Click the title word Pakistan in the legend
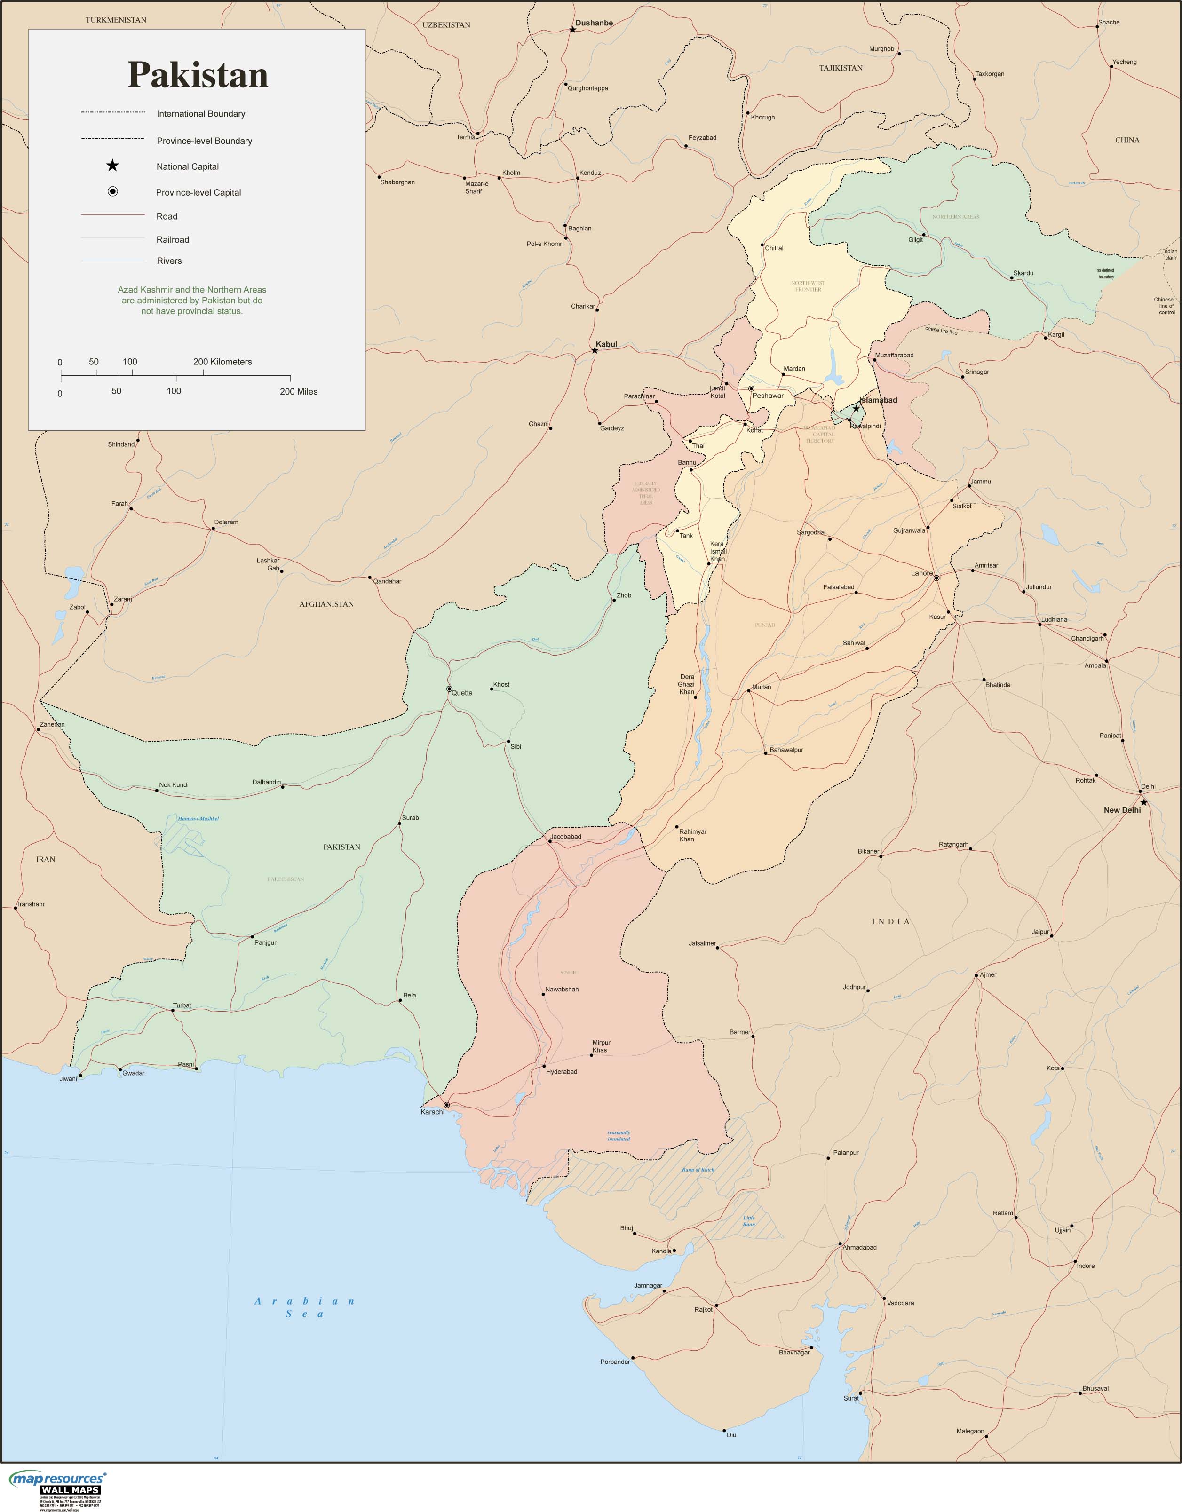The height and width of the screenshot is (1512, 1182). click(x=198, y=75)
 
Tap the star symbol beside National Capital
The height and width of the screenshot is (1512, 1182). click(x=112, y=166)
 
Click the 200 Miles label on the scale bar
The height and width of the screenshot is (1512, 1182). click(x=299, y=391)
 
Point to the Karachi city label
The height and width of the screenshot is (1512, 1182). click(x=432, y=1112)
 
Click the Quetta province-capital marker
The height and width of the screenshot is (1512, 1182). click(x=449, y=689)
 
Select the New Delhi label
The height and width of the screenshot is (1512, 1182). click(x=1122, y=810)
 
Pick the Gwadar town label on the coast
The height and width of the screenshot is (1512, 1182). click(x=134, y=1073)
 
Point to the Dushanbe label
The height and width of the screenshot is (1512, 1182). click(x=594, y=23)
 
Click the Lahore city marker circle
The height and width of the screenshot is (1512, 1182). click(x=936, y=578)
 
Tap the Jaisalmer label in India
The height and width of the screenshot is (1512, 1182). click(x=702, y=943)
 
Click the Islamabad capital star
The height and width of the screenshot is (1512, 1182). click(x=856, y=409)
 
